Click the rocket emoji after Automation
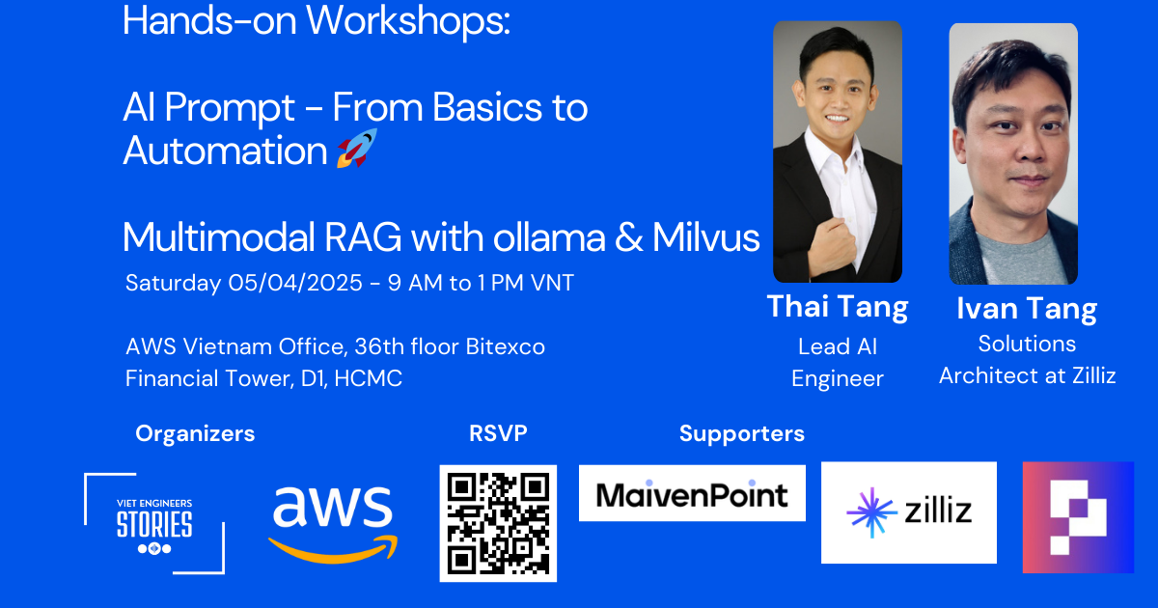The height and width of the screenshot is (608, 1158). click(x=357, y=149)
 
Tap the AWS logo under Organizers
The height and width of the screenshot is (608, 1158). click(x=333, y=524)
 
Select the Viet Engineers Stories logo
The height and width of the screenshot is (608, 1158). click(x=154, y=523)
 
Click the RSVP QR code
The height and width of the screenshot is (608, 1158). click(x=498, y=523)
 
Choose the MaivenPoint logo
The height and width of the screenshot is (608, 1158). click(x=692, y=493)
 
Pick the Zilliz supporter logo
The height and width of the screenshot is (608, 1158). click(x=909, y=512)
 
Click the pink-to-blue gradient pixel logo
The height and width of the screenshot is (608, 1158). click(x=1079, y=517)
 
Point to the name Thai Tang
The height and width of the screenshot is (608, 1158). click(x=838, y=307)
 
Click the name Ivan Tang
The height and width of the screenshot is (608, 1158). click(x=1027, y=309)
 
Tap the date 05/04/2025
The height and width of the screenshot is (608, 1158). click(x=295, y=283)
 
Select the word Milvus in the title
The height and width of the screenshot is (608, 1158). click(x=705, y=237)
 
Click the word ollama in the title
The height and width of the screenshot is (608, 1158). click(x=549, y=237)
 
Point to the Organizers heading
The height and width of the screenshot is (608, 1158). click(x=195, y=433)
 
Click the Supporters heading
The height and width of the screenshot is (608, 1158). click(x=742, y=433)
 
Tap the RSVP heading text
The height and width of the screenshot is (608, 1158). click(x=498, y=433)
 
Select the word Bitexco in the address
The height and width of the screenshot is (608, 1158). click(x=505, y=346)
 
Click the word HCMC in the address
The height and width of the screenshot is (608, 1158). click(x=368, y=378)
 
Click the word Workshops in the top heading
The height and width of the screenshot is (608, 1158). click(x=408, y=21)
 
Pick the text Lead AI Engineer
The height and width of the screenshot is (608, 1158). click(x=838, y=363)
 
